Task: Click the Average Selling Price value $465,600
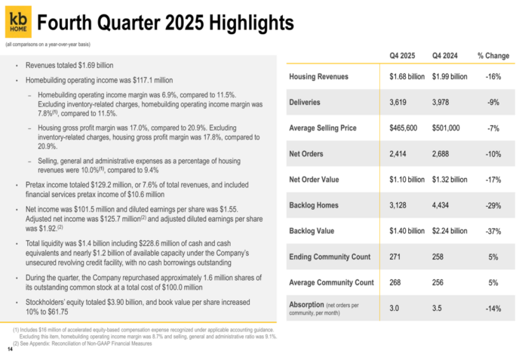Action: point(406,128)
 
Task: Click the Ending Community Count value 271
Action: point(397,257)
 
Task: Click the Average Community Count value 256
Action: point(441,283)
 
